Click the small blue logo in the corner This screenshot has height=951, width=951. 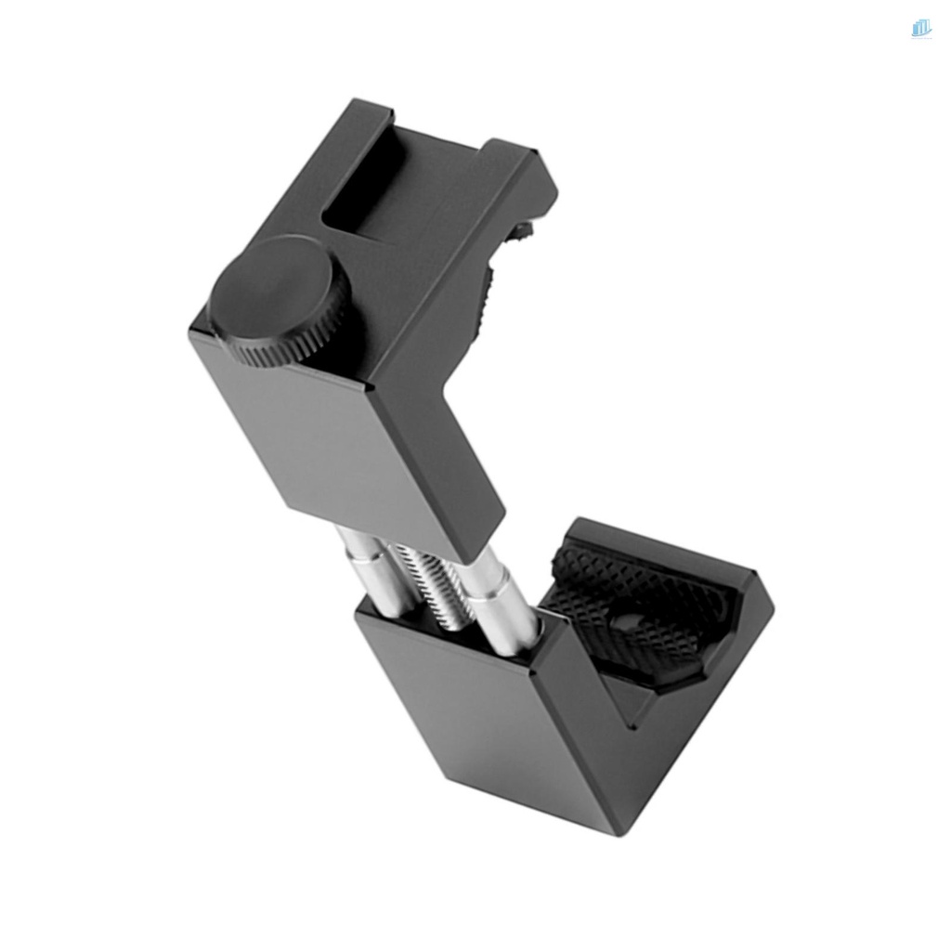[x=920, y=29]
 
